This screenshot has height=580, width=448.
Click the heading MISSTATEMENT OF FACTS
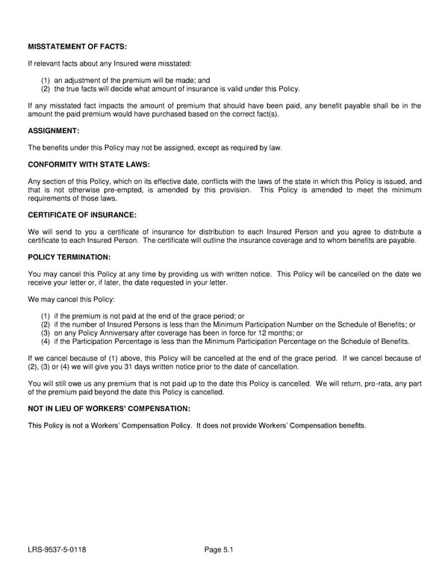78,47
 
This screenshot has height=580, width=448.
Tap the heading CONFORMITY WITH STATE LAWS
89,164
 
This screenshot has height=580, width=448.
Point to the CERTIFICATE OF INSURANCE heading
82,215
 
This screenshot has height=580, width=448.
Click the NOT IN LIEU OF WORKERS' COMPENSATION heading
109,409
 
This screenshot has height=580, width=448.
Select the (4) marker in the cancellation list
46,342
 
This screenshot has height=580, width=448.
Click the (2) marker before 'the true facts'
46,89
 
